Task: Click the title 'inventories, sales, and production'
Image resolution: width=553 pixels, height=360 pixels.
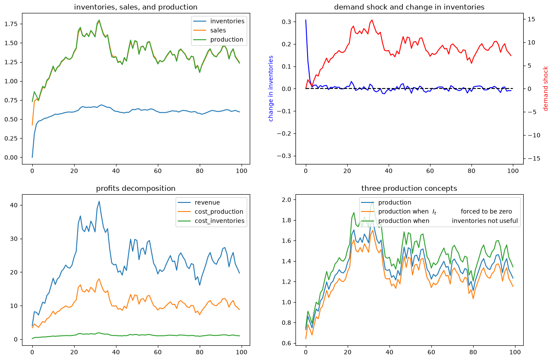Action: point(135,7)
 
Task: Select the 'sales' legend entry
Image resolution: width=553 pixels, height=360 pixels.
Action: point(218,30)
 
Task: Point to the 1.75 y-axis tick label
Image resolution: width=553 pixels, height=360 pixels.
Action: point(11,24)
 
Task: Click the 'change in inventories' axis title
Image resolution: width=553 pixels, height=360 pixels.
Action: point(271,88)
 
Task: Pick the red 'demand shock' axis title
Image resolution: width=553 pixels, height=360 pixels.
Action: point(545,88)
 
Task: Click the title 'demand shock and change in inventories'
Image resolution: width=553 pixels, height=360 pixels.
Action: point(409,7)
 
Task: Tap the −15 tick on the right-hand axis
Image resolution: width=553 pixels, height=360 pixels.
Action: point(534,158)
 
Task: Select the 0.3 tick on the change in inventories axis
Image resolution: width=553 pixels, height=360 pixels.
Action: point(286,22)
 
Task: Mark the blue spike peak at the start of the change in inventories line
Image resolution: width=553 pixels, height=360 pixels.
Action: point(306,20)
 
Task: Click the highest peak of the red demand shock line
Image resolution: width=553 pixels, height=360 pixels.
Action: point(372,20)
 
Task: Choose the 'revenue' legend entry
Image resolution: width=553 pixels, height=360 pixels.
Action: point(207,202)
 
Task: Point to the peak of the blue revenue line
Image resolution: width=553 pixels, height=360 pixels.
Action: point(99,201)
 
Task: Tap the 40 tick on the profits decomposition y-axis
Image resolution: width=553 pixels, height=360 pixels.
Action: point(14,205)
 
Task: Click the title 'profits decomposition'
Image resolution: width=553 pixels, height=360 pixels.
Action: point(135,188)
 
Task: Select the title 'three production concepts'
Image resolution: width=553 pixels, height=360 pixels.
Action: point(409,188)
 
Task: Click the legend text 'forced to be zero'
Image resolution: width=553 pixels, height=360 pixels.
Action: point(486,212)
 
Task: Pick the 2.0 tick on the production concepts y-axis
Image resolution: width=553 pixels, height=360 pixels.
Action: point(286,199)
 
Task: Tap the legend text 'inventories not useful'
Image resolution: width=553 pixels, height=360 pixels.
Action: point(484,221)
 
